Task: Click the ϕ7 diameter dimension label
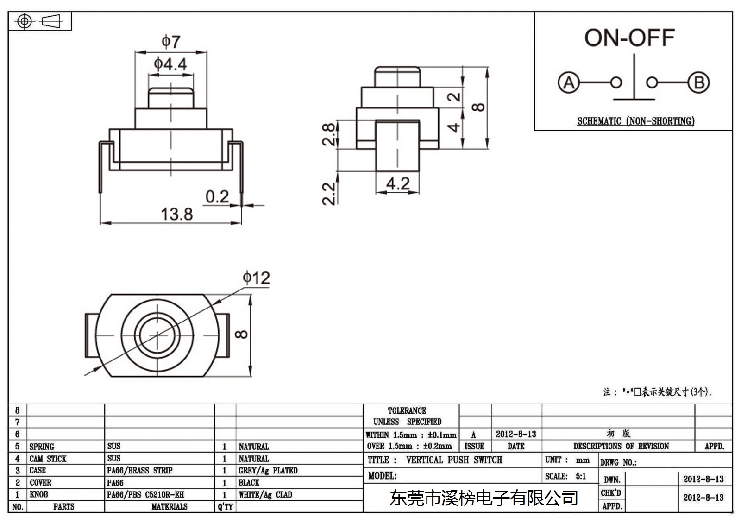pos(171,42)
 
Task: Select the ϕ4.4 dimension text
pos(170,64)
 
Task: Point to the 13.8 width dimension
pos(176,214)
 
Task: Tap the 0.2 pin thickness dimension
pos(217,196)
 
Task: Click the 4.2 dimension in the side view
pos(398,183)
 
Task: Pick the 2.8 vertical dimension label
pos(328,134)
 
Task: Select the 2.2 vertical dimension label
pos(328,194)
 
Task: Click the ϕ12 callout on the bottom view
pos(257,278)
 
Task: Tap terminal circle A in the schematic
pos(569,82)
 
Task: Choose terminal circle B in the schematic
pos(699,82)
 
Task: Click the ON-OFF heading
pos(629,38)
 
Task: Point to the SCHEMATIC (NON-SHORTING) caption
pos(636,121)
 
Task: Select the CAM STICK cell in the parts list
pos(48,459)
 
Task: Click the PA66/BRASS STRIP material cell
pos(139,470)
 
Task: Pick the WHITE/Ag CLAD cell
pos(265,494)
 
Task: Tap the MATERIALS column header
pos(170,506)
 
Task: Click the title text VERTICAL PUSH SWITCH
pos(454,460)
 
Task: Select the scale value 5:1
pos(581,476)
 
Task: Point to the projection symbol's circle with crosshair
pos(25,21)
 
